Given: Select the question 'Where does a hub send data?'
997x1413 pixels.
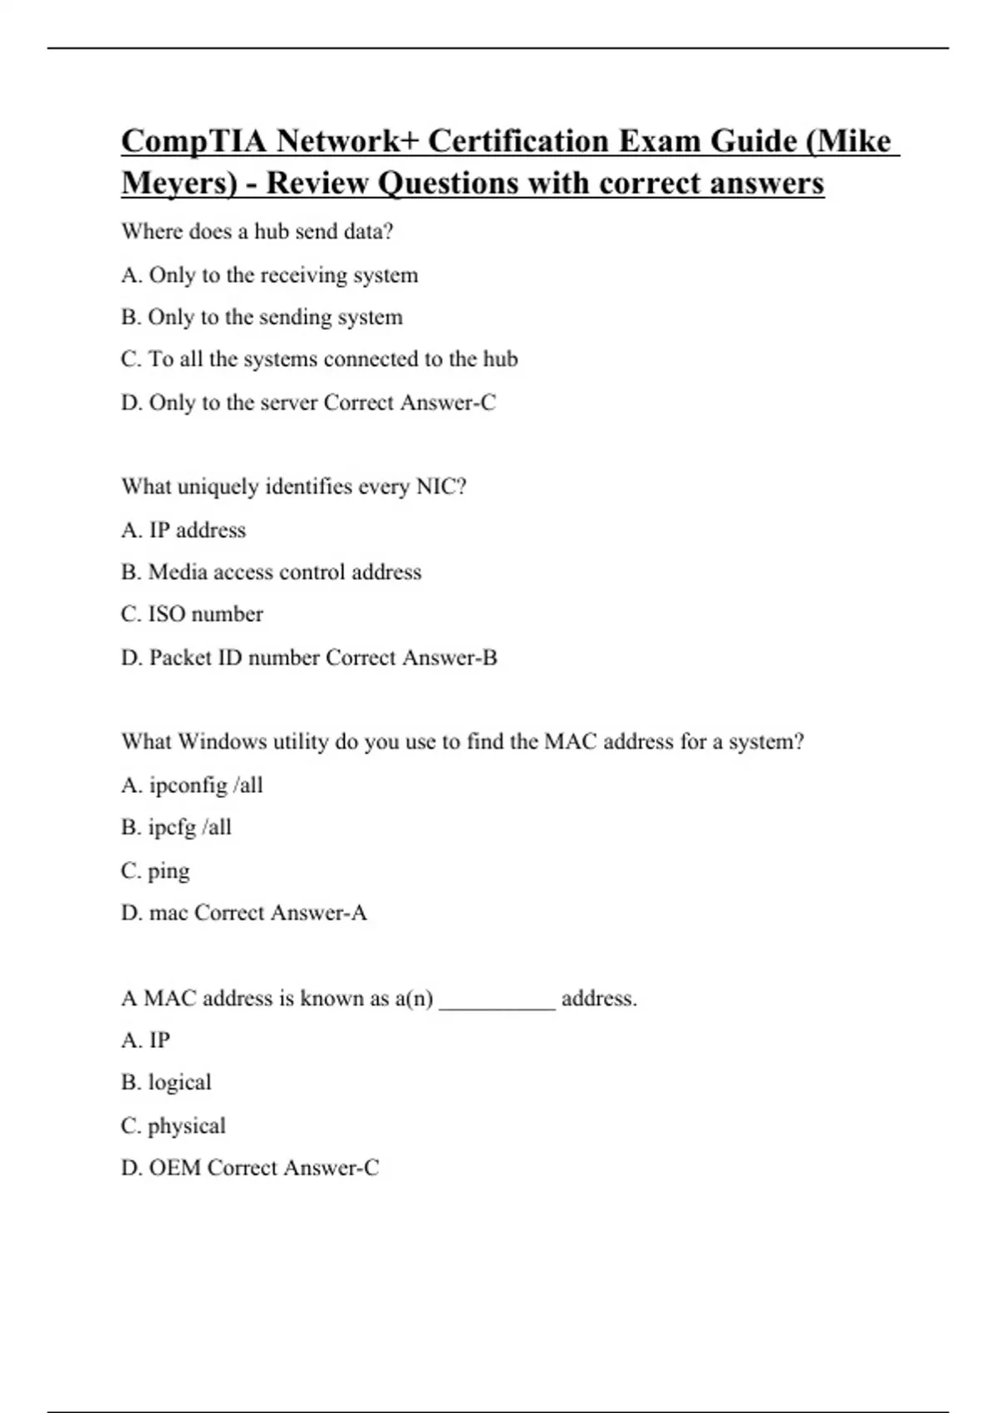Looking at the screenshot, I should pyautogui.click(x=257, y=231).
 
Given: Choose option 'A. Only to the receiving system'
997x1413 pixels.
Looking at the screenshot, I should pyautogui.click(x=269, y=275).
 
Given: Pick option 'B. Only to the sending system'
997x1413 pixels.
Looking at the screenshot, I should pyautogui.click(x=262, y=318).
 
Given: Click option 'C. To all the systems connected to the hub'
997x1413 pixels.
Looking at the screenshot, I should pyautogui.click(x=319, y=359).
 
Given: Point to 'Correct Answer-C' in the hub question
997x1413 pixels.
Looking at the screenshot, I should pyautogui.click(x=410, y=403).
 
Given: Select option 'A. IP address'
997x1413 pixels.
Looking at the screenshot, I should pyautogui.click(x=184, y=530).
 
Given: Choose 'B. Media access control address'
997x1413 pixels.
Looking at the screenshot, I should pyautogui.click(x=271, y=573).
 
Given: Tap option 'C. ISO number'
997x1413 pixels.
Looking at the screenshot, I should pyautogui.click(x=192, y=614).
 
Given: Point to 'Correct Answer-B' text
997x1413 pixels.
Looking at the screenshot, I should pyautogui.click(x=411, y=658).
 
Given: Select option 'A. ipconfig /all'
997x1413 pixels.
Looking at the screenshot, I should pyautogui.click(x=192, y=785).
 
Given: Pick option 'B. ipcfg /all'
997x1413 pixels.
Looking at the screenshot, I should pyautogui.click(x=176, y=828).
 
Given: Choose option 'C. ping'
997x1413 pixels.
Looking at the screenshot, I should pyautogui.click(x=155, y=871).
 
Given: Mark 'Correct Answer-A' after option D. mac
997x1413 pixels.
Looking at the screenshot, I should pyautogui.click(x=281, y=913).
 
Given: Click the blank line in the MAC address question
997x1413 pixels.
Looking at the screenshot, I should pyautogui.click(x=497, y=1001).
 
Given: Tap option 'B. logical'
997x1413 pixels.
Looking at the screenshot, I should pyautogui.click(x=166, y=1083).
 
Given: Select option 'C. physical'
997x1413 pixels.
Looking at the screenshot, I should pyautogui.click(x=173, y=1126).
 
